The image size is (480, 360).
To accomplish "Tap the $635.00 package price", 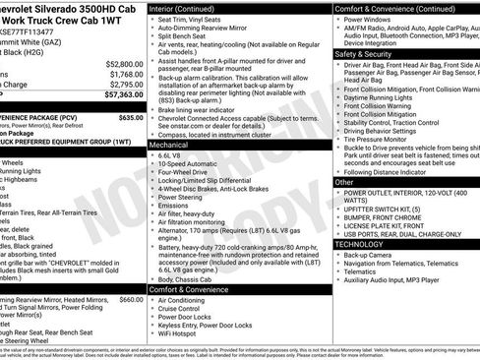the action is tap(131, 116).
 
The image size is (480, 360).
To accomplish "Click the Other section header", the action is tap(343, 182).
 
